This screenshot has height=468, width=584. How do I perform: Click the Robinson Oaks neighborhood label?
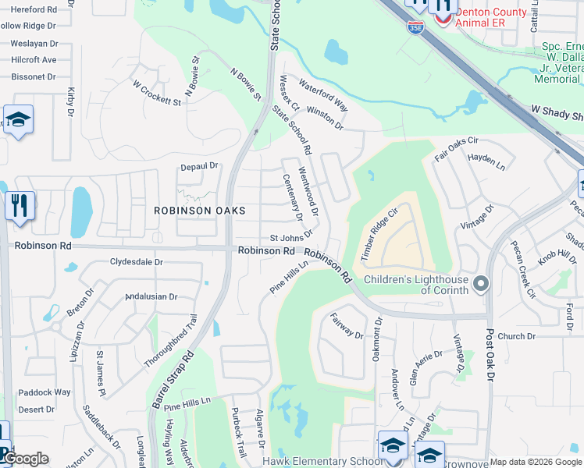point(199,211)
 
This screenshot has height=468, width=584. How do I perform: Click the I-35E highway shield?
point(415,27)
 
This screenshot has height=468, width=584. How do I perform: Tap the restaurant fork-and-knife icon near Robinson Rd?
point(20,206)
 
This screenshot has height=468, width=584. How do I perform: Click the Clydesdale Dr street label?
point(137,262)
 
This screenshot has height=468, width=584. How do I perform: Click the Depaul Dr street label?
point(198,166)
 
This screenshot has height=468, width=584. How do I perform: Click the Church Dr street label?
point(516,337)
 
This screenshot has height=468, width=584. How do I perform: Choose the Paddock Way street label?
point(45,392)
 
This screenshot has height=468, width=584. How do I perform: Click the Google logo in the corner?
point(25,459)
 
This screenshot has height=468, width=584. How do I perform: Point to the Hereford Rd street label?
point(29,9)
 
